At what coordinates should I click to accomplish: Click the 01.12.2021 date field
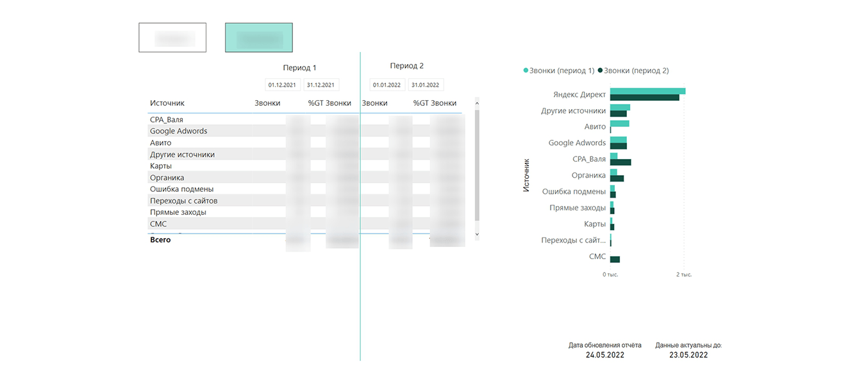[283, 85]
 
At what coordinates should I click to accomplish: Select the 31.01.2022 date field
[425, 85]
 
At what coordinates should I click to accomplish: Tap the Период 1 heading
[299, 67]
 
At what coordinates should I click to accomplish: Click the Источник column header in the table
[167, 103]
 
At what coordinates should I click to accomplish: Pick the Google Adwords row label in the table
[178, 131]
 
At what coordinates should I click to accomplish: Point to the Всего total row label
[160, 239]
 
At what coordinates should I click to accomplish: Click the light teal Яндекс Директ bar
[647, 91]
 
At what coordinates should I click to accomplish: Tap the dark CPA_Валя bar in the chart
[621, 162]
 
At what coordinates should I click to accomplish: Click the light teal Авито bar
[619, 123]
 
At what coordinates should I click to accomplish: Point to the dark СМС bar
[615, 259]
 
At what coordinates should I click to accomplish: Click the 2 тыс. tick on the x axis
[683, 275]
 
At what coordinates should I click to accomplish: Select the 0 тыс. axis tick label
[610, 275]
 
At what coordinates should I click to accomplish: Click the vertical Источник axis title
[526, 175]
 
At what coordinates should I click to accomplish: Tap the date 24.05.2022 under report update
[605, 355]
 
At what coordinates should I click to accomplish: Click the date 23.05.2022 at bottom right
[688, 355]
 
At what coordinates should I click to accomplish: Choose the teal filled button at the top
[258, 38]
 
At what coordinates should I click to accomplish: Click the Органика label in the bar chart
[588, 175]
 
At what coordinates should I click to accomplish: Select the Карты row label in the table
[160, 166]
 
